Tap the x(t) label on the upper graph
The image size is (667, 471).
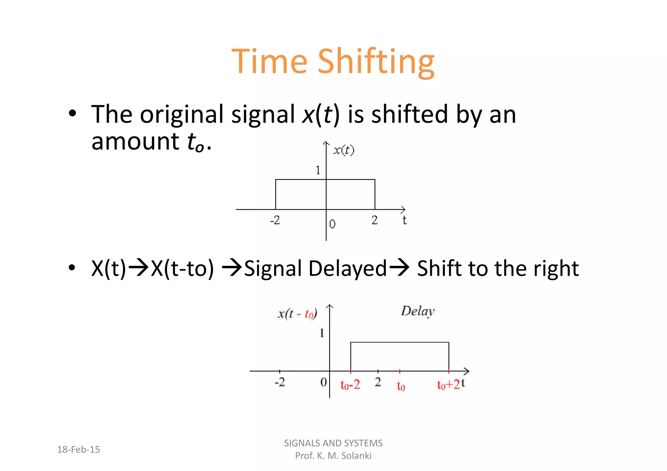[x=344, y=150]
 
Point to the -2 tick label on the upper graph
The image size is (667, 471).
[x=275, y=220]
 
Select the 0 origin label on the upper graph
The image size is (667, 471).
[x=332, y=224]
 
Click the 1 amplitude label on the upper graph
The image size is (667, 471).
[x=318, y=170]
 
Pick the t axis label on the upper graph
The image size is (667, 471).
[x=404, y=220]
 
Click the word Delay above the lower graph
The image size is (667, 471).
[x=418, y=311]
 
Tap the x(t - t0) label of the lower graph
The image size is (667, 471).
[x=297, y=314]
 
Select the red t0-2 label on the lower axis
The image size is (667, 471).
[x=350, y=385]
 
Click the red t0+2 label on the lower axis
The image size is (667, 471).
[x=448, y=385]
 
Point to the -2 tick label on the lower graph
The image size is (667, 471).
[x=279, y=382]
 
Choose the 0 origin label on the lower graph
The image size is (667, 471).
[x=323, y=382]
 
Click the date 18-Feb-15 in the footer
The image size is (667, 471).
[x=78, y=450]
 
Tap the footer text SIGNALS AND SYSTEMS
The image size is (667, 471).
[x=333, y=443]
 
